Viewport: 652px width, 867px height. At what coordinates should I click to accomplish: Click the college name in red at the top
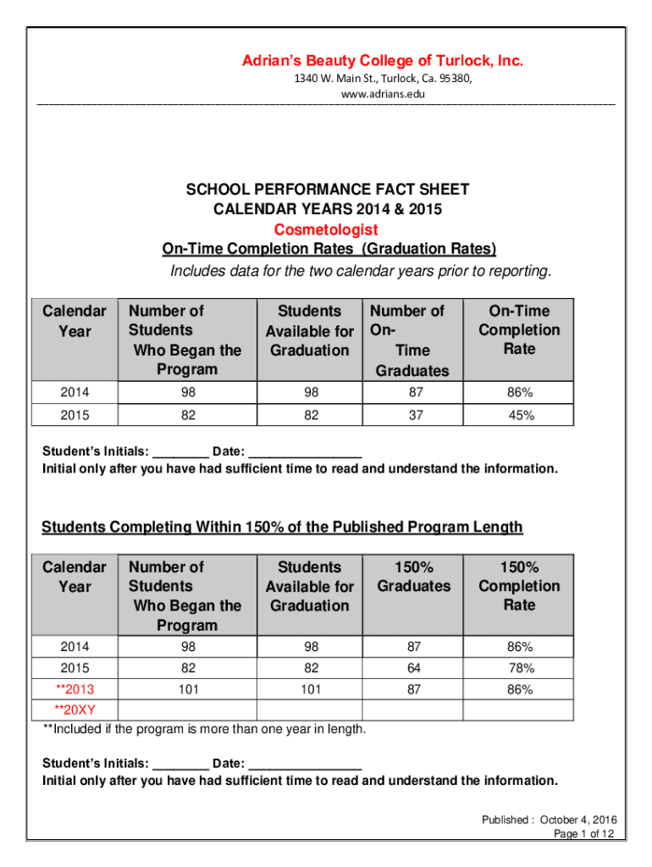(383, 61)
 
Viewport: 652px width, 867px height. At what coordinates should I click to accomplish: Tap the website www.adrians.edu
(383, 94)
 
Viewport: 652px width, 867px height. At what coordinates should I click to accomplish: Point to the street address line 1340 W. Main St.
(383, 79)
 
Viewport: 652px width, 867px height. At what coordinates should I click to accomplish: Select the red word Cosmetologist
(326, 229)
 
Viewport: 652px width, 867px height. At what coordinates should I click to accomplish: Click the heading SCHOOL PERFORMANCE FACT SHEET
(328, 190)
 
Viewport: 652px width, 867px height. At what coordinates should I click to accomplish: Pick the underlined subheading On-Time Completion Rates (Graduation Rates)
(329, 249)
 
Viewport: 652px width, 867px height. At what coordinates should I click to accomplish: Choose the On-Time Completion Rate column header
(519, 330)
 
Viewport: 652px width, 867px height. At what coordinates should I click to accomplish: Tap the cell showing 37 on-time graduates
(414, 415)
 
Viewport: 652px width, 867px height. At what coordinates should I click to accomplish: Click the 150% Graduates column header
(414, 577)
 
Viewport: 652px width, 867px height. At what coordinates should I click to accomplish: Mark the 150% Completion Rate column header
(519, 586)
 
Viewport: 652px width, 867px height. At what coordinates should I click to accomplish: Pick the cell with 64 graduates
(414, 668)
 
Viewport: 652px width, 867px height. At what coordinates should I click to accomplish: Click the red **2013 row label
(75, 689)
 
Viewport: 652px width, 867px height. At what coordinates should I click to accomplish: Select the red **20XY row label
(75, 710)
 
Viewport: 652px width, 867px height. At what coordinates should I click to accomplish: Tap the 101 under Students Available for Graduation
(310, 689)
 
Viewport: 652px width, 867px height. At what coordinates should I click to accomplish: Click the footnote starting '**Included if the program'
(205, 729)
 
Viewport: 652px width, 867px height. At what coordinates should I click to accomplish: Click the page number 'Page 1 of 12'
(583, 834)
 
